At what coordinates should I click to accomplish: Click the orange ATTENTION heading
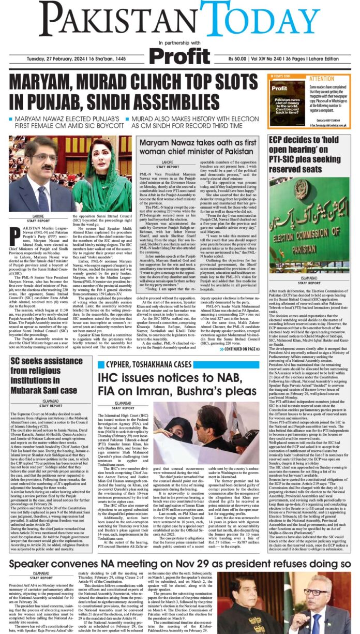tap(322, 79)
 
